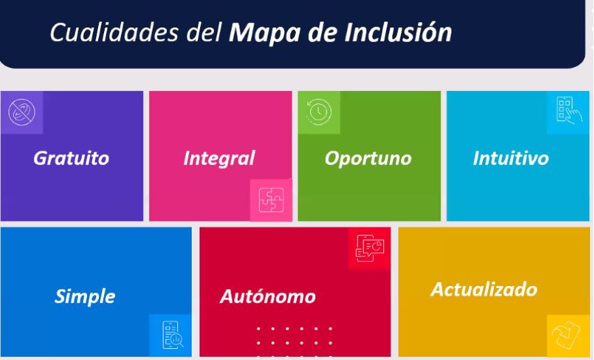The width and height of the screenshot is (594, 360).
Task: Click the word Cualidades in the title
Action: click(114, 32)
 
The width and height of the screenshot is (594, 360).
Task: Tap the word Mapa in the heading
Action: click(265, 33)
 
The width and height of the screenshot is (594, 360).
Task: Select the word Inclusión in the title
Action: click(398, 32)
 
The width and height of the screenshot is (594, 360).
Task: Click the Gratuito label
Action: click(71, 158)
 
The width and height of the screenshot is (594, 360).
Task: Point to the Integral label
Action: click(220, 159)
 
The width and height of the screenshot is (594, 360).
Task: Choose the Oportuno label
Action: click(368, 159)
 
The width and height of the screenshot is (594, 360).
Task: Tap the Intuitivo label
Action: click(511, 158)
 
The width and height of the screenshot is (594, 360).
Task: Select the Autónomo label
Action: click(268, 296)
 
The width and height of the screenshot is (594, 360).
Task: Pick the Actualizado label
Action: click(484, 290)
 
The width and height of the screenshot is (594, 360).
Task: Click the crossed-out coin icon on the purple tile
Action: click(21, 112)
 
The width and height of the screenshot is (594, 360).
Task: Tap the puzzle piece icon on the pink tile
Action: click(271, 200)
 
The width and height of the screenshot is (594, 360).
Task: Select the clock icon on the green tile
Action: click(319, 112)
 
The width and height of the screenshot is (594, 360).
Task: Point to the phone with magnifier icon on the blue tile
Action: click(173, 335)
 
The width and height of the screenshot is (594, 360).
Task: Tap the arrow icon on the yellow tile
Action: click(566, 334)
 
